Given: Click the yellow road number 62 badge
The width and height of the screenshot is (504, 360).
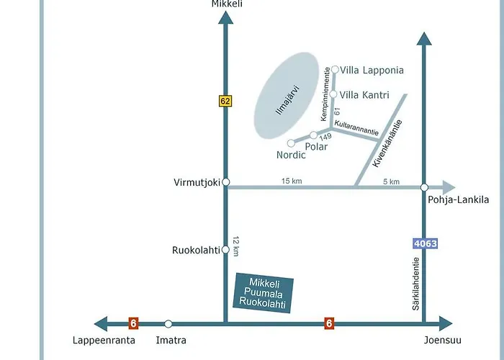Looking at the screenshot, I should click(225, 102).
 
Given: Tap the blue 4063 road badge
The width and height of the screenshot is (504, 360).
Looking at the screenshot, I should click(425, 243).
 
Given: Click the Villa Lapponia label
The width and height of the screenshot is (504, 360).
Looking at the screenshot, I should click(372, 71).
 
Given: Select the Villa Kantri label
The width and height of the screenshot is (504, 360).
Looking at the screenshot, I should click(364, 94).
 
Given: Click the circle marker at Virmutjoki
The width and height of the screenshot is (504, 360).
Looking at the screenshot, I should click(225, 182).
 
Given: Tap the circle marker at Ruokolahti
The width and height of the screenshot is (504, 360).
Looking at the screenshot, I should click(225, 250).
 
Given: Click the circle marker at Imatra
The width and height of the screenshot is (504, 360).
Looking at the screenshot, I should click(168, 324).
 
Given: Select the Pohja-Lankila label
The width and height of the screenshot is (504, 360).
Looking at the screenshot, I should click(458, 199).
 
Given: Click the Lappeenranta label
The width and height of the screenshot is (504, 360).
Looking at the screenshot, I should click(102, 340).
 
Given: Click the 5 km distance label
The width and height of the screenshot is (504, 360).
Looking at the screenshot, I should click(391, 181).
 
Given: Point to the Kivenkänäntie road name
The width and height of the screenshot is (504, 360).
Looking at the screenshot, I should click(387, 143).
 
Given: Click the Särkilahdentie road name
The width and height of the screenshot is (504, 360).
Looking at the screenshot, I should click(416, 285).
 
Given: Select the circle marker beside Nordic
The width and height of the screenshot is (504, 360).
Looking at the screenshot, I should click(291, 143).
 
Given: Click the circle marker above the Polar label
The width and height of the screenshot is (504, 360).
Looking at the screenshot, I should click(313, 135).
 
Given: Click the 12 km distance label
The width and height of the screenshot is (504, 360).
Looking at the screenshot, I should click(235, 247).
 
